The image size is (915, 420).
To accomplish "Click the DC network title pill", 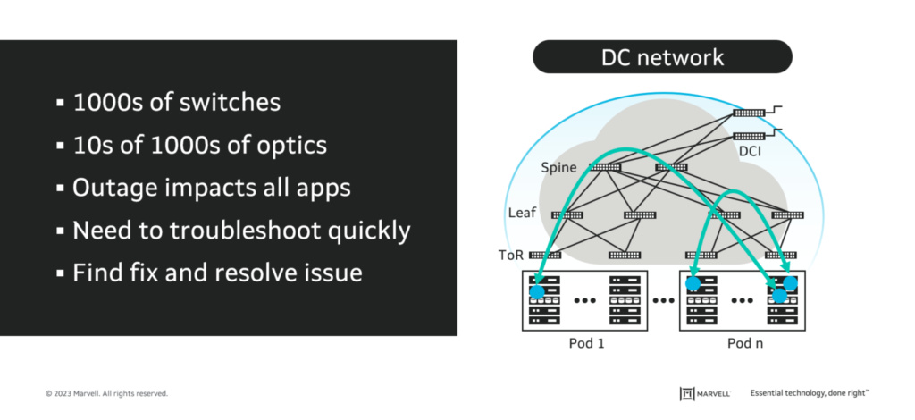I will tap(661, 59).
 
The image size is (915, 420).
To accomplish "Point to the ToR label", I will tap(513, 255).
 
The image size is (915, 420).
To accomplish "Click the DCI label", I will tap(751, 153).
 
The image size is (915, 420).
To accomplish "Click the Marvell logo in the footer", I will tap(705, 393).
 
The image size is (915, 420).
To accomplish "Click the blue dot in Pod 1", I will tap(537, 291).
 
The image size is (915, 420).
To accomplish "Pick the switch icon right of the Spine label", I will tap(605, 167).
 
